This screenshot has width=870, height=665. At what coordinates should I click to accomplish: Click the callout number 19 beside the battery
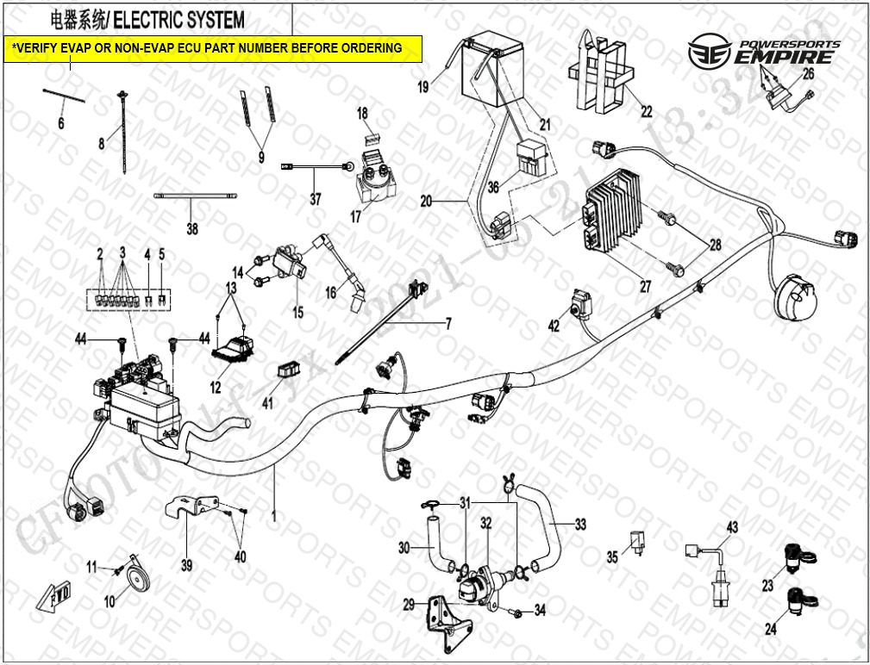click(422, 86)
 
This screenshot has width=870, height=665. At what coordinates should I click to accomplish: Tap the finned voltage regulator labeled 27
click(614, 216)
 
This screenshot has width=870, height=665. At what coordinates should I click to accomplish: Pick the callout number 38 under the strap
click(191, 229)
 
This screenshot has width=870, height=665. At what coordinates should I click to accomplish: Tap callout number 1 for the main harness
click(274, 515)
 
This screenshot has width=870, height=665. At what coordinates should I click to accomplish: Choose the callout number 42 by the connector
click(554, 326)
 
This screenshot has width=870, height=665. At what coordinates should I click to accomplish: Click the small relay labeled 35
click(639, 539)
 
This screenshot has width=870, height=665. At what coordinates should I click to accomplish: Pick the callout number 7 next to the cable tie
click(448, 325)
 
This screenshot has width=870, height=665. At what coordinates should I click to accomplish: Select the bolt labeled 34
click(515, 613)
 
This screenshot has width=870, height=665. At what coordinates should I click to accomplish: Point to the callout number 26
click(808, 74)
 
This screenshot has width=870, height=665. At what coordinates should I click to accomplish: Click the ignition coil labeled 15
click(293, 262)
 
